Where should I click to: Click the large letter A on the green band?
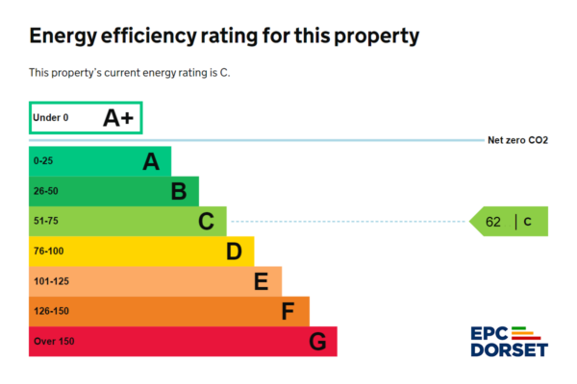click(150, 161)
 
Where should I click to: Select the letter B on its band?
click(178, 192)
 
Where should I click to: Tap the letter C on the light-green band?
click(206, 222)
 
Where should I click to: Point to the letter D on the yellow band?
click(234, 252)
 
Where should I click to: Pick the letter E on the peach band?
click(261, 281)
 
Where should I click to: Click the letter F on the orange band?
click(288, 311)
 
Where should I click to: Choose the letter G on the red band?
click(317, 341)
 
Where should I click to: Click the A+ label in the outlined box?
click(118, 118)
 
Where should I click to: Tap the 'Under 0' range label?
click(51, 118)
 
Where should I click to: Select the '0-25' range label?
click(43, 161)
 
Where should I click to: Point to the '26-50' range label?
click(45, 192)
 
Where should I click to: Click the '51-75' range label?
click(45, 222)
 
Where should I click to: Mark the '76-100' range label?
click(47, 252)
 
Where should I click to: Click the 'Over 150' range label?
click(53, 341)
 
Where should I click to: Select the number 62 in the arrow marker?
click(493, 222)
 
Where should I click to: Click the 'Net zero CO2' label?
click(517, 140)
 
